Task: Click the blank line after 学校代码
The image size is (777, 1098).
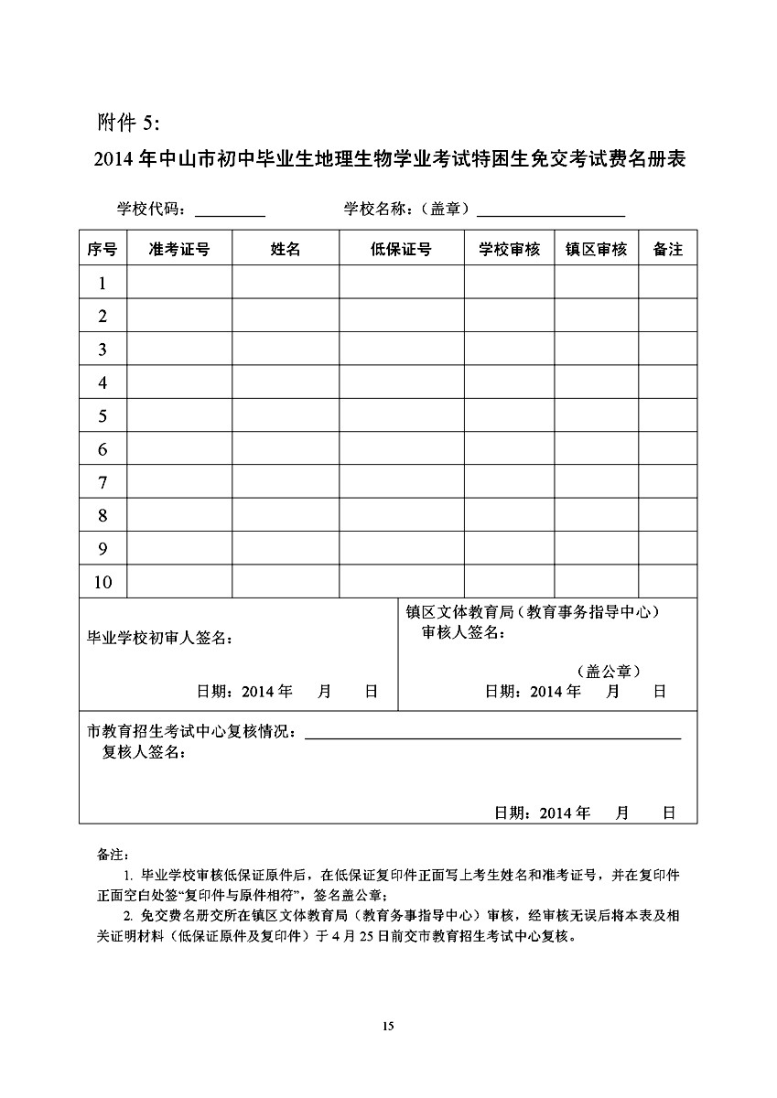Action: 230,213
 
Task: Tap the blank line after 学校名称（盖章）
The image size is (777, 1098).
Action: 551,213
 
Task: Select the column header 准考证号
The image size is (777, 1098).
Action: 179,249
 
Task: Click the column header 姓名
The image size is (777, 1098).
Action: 286,249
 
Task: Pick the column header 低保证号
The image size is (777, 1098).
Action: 401,249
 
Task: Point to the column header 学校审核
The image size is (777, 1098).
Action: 509,249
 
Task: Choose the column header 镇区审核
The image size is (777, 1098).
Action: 596,249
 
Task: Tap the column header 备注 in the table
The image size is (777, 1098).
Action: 667,249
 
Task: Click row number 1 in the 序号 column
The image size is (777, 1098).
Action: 103,284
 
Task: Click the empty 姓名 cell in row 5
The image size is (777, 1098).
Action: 286,416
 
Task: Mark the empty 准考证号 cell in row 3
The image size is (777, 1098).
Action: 179,350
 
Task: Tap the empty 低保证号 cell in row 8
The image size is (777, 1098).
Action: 401,516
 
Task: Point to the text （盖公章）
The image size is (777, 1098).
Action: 608,671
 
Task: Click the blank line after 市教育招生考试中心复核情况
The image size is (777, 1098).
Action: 492,735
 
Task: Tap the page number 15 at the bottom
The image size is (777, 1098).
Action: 388,1027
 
